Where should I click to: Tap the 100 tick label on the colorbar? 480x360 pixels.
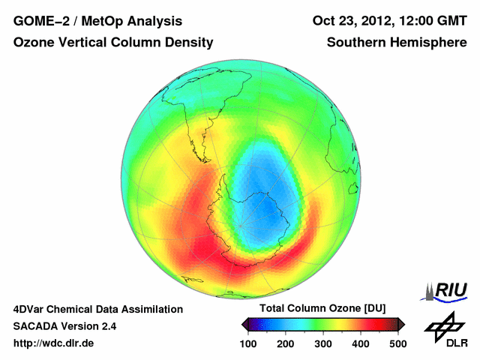[x=249, y=343]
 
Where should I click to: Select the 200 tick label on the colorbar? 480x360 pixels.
[x=286, y=343]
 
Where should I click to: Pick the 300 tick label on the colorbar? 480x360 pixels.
[x=323, y=343]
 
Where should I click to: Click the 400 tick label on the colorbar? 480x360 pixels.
[x=360, y=343]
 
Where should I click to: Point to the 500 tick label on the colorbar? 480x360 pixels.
[x=397, y=343]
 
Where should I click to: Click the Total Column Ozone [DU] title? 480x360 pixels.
[x=322, y=309]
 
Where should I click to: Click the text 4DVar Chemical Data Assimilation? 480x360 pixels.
[x=98, y=309]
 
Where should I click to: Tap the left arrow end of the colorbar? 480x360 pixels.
[x=244, y=324]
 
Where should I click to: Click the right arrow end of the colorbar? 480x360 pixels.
[x=401, y=324]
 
